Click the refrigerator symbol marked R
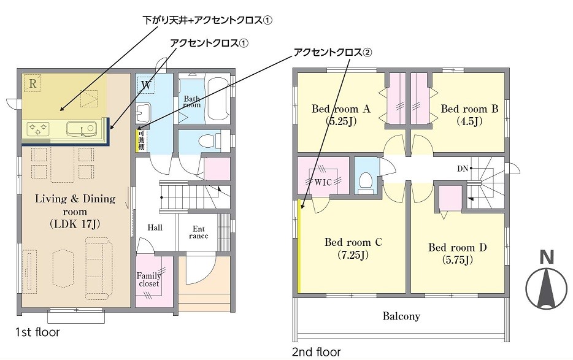pyautogui.click(x=33, y=83)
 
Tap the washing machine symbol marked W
pyautogui.click(x=146, y=85)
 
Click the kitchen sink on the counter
pyautogui.click(x=81, y=129)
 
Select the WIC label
pyautogui.click(x=323, y=182)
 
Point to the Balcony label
pyautogui.click(x=401, y=316)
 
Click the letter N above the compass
pyautogui.click(x=547, y=258)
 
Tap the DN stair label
pyautogui.click(x=463, y=169)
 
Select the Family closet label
pyautogui.click(x=148, y=280)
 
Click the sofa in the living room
pyautogui.click(x=98, y=267)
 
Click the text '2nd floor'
pyautogui.click(x=317, y=352)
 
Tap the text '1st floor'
pyautogui.click(x=37, y=332)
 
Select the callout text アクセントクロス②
pyautogui.click(x=333, y=53)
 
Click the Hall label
pyautogui.click(x=155, y=228)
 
